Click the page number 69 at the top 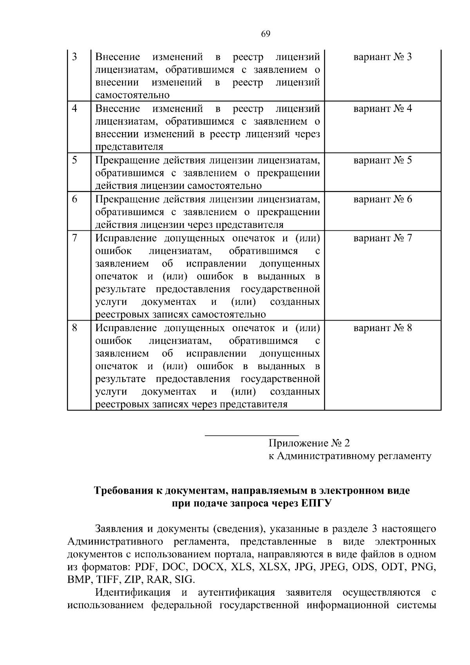tap(265, 34)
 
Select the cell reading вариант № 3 tap(383, 57)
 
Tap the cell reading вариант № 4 tap(383, 109)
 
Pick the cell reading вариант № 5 tap(383, 161)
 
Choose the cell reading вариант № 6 tap(383, 199)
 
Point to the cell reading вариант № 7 tap(383, 238)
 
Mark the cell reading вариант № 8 tap(383, 328)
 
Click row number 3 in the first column tap(74, 57)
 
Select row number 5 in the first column tap(74, 161)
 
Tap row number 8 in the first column tap(74, 328)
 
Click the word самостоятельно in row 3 tap(132, 95)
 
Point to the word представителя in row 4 tap(129, 147)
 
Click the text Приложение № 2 tap(309, 443)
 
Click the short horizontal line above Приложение tap(252, 435)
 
